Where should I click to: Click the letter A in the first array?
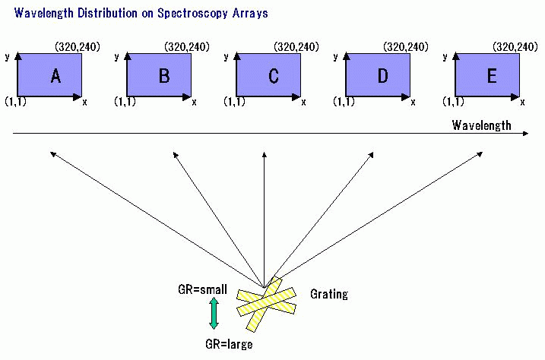[55, 76]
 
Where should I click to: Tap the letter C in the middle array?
[274, 76]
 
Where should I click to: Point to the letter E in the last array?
[492, 76]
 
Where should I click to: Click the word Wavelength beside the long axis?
[481, 125]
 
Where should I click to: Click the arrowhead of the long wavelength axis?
[527, 134]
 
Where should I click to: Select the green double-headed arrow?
[214, 313]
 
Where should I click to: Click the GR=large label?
[229, 344]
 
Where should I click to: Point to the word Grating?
[328, 294]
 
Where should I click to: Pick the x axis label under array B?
[193, 102]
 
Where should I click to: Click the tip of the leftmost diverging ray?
[52, 153]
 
